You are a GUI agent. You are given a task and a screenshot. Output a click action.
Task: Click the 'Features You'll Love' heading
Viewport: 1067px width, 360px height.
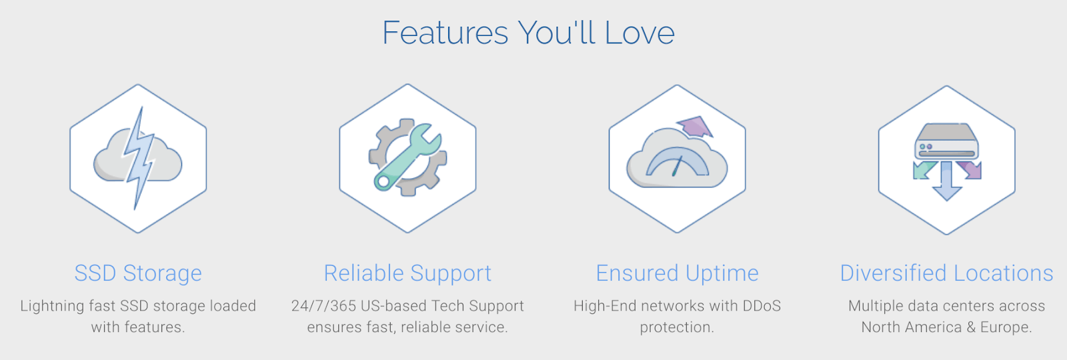pos(528,33)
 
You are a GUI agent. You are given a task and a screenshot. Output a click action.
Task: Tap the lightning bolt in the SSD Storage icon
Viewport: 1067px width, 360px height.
pos(139,158)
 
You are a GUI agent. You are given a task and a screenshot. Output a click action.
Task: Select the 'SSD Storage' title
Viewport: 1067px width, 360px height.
pos(138,273)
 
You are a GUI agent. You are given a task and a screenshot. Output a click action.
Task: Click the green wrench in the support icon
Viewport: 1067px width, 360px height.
pos(407,157)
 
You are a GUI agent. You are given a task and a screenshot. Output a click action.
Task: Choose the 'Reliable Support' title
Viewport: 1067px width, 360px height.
pos(407,273)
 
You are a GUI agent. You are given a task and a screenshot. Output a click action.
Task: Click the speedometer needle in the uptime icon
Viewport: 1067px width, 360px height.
pos(678,166)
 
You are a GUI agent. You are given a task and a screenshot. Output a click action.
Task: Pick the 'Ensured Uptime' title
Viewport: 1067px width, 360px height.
pos(677,273)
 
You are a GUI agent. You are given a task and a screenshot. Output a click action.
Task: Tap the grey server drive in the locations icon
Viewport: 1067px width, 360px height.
pos(946,141)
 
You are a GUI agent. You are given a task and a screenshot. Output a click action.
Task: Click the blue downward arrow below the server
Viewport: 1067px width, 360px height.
pos(946,181)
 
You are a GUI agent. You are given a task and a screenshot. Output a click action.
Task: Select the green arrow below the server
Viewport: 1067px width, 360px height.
pos(924,170)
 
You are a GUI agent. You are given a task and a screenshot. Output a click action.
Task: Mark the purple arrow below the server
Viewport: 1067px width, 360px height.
pos(970,170)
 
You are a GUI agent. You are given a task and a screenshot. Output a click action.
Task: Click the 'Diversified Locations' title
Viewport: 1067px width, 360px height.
pos(946,273)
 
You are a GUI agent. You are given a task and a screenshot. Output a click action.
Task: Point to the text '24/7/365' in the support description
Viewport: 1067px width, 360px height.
pos(323,306)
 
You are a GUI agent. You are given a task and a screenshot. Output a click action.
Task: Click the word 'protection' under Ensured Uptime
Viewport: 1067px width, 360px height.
pos(674,327)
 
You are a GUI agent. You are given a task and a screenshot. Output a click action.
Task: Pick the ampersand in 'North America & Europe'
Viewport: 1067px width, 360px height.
pos(971,327)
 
